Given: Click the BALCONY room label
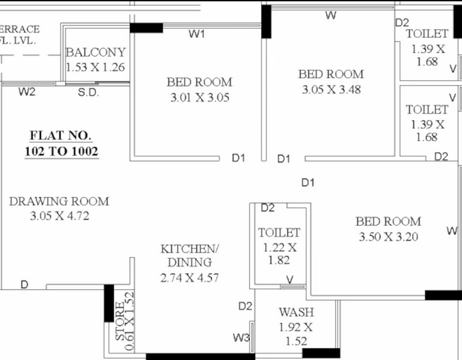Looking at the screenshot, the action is click(95, 52).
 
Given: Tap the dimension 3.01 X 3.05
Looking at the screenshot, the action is click(200, 97).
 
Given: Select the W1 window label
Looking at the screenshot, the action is click(196, 34).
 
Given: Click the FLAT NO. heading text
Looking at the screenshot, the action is click(61, 135).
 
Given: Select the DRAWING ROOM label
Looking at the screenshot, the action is click(59, 202).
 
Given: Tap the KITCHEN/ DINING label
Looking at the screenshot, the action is click(190, 256).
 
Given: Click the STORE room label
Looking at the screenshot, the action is click(119, 321).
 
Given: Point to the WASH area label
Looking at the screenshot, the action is click(296, 312).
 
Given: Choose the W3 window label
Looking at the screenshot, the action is click(241, 337).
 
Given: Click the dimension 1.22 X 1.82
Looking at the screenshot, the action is click(279, 254).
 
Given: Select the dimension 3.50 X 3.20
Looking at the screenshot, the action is click(388, 237).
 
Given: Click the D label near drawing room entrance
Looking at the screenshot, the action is click(25, 285).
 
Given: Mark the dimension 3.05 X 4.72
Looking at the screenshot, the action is click(60, 216).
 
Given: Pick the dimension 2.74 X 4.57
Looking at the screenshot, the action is click(190, 278).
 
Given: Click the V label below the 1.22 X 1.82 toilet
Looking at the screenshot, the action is click(290, 279).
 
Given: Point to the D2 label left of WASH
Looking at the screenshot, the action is click(245, 306).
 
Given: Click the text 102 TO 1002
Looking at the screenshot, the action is click(61, 151).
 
